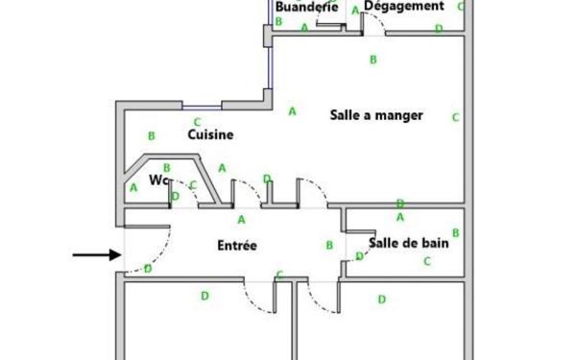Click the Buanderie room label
[305, 7]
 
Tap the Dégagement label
[404, 7]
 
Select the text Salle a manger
[376, 114]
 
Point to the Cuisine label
[210, 135]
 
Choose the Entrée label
[237, 246]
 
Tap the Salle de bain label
[409, 243]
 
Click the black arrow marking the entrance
[97, 255]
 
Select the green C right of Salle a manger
[456, 117]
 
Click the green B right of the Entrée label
[329, 246]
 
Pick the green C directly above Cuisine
[197, 122]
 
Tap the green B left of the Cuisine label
[151, 136]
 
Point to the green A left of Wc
[133, 188]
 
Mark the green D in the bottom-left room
[204, 296]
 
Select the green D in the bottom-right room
[381, 300]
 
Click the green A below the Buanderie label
[304, 28]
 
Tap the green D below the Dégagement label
[439, 29]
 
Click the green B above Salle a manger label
[373, 60]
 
